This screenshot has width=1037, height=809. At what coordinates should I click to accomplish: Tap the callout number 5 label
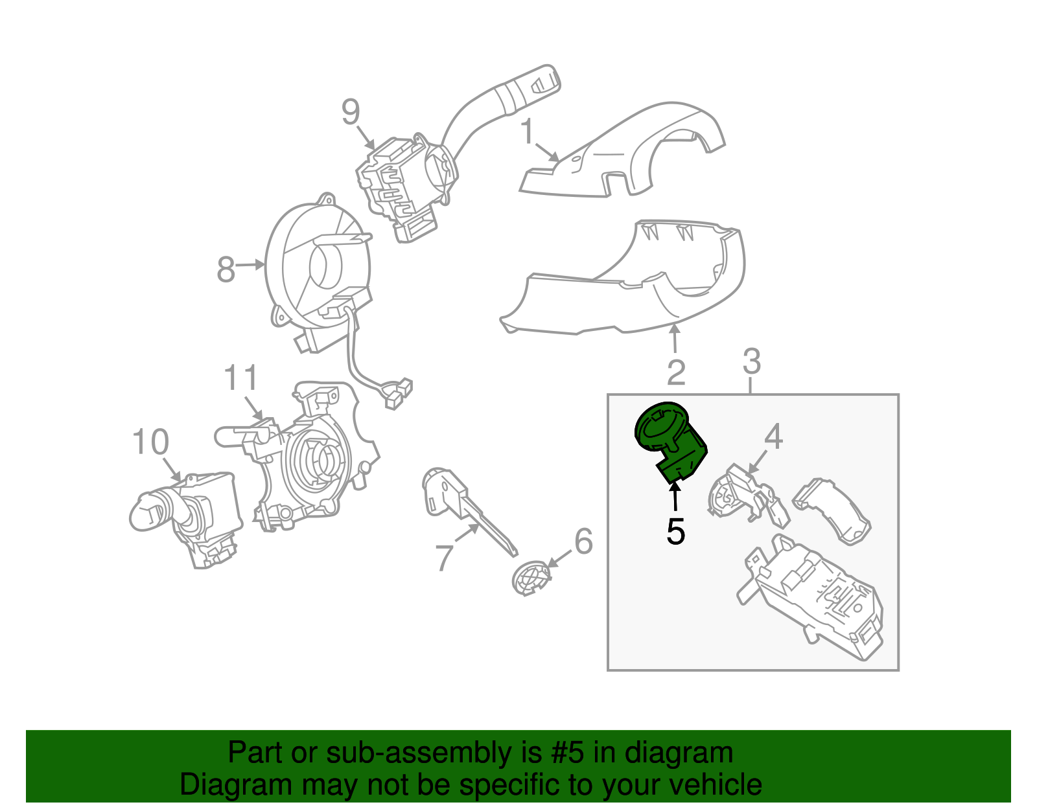tap(675, 532)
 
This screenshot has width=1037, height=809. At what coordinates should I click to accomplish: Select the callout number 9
tap(350, 112)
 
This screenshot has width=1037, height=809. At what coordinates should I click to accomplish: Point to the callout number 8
tap(226, 269)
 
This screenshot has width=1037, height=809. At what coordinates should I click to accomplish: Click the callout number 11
tap(241, 378)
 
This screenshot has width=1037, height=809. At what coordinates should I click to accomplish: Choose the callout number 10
tap(150, 442)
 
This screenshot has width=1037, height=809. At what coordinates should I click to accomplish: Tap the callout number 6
tap(583, 541)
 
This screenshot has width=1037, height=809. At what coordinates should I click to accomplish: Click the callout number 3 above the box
tap(751, 361)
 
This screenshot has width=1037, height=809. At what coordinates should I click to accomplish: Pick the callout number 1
tap(528, 131)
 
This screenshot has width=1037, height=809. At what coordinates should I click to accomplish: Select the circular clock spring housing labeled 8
tap(318, 266)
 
